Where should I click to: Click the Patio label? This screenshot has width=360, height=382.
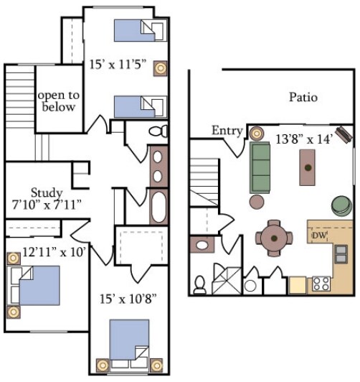(x=303, y=97)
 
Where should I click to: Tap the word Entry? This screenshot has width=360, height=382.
(x=227, y=130)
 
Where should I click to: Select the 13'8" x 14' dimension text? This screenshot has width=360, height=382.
(x=304, y=139)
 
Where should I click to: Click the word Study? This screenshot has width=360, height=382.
(x=46, y=192)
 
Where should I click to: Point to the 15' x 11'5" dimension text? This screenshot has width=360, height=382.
(x=118, y=65)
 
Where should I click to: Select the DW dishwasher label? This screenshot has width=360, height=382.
(x=320, y=236)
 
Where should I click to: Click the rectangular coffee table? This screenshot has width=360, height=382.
(x=308, y=167)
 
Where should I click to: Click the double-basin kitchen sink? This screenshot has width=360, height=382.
(x=341, y=254)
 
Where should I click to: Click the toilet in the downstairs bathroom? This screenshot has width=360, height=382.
(x=200, y=284)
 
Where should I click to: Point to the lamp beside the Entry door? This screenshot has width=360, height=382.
(x=256, y=132)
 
